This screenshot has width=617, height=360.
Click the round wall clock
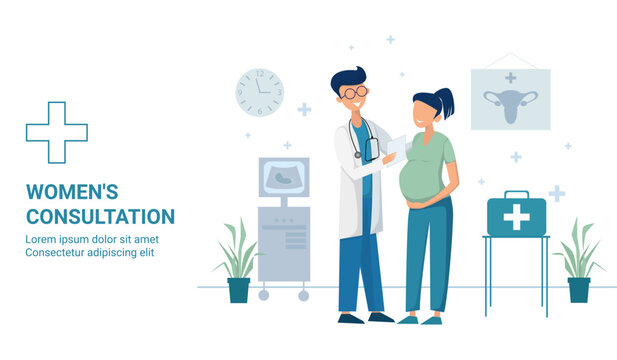coord(260,91)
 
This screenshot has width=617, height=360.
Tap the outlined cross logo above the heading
coord(56,132)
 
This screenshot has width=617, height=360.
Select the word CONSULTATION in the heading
coord(100,216)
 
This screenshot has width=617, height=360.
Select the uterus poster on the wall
coord(510,100)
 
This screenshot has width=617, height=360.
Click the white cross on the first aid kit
coord(516,217)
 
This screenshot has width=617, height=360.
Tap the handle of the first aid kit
coord(516,194)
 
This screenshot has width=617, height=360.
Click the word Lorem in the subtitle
coord(43,239)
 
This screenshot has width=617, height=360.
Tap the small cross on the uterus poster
coord(510,77)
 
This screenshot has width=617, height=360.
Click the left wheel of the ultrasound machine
coord(264,296)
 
